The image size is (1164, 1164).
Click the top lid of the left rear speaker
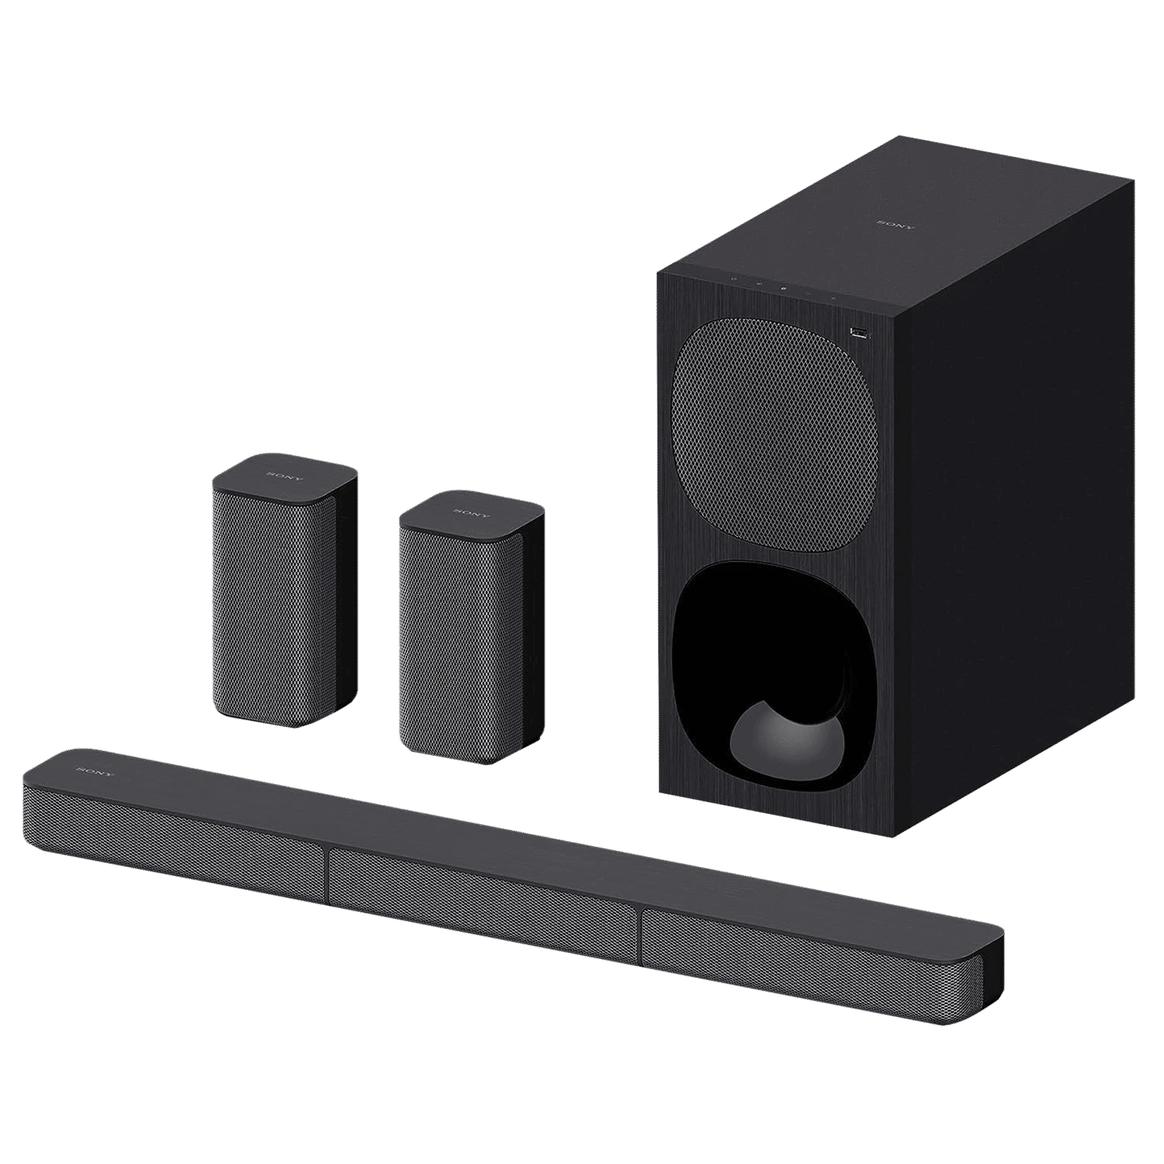tap(284, 477)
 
